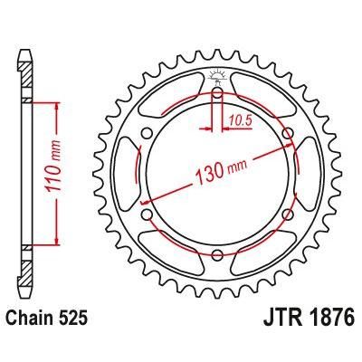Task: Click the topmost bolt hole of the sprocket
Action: [x=217, y=93]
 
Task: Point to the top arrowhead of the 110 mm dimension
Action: [x=58, y=105]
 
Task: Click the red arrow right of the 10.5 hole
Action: [x=228, y=124]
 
